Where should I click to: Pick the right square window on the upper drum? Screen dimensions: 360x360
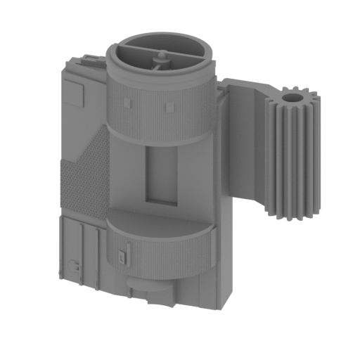(x=169, y=106)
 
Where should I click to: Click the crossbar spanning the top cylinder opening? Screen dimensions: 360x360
(x=158, y=53)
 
